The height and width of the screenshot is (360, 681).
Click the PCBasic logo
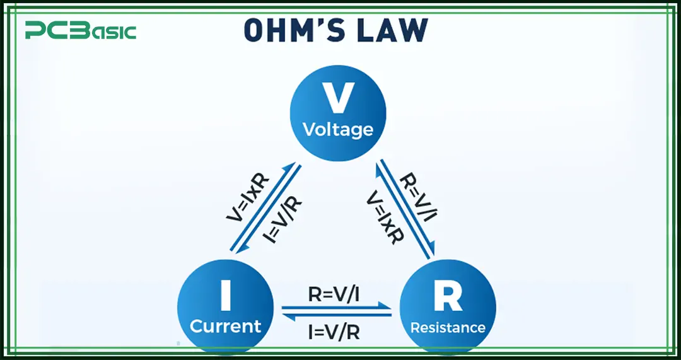[x=80, y=30]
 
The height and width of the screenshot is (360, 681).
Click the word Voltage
[x=338, y=130]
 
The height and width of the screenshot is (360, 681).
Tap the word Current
[x=225, y=327]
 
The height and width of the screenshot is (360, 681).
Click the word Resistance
[x=448, y=328]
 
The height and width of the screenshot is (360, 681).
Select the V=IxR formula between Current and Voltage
[x=247, y=197]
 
